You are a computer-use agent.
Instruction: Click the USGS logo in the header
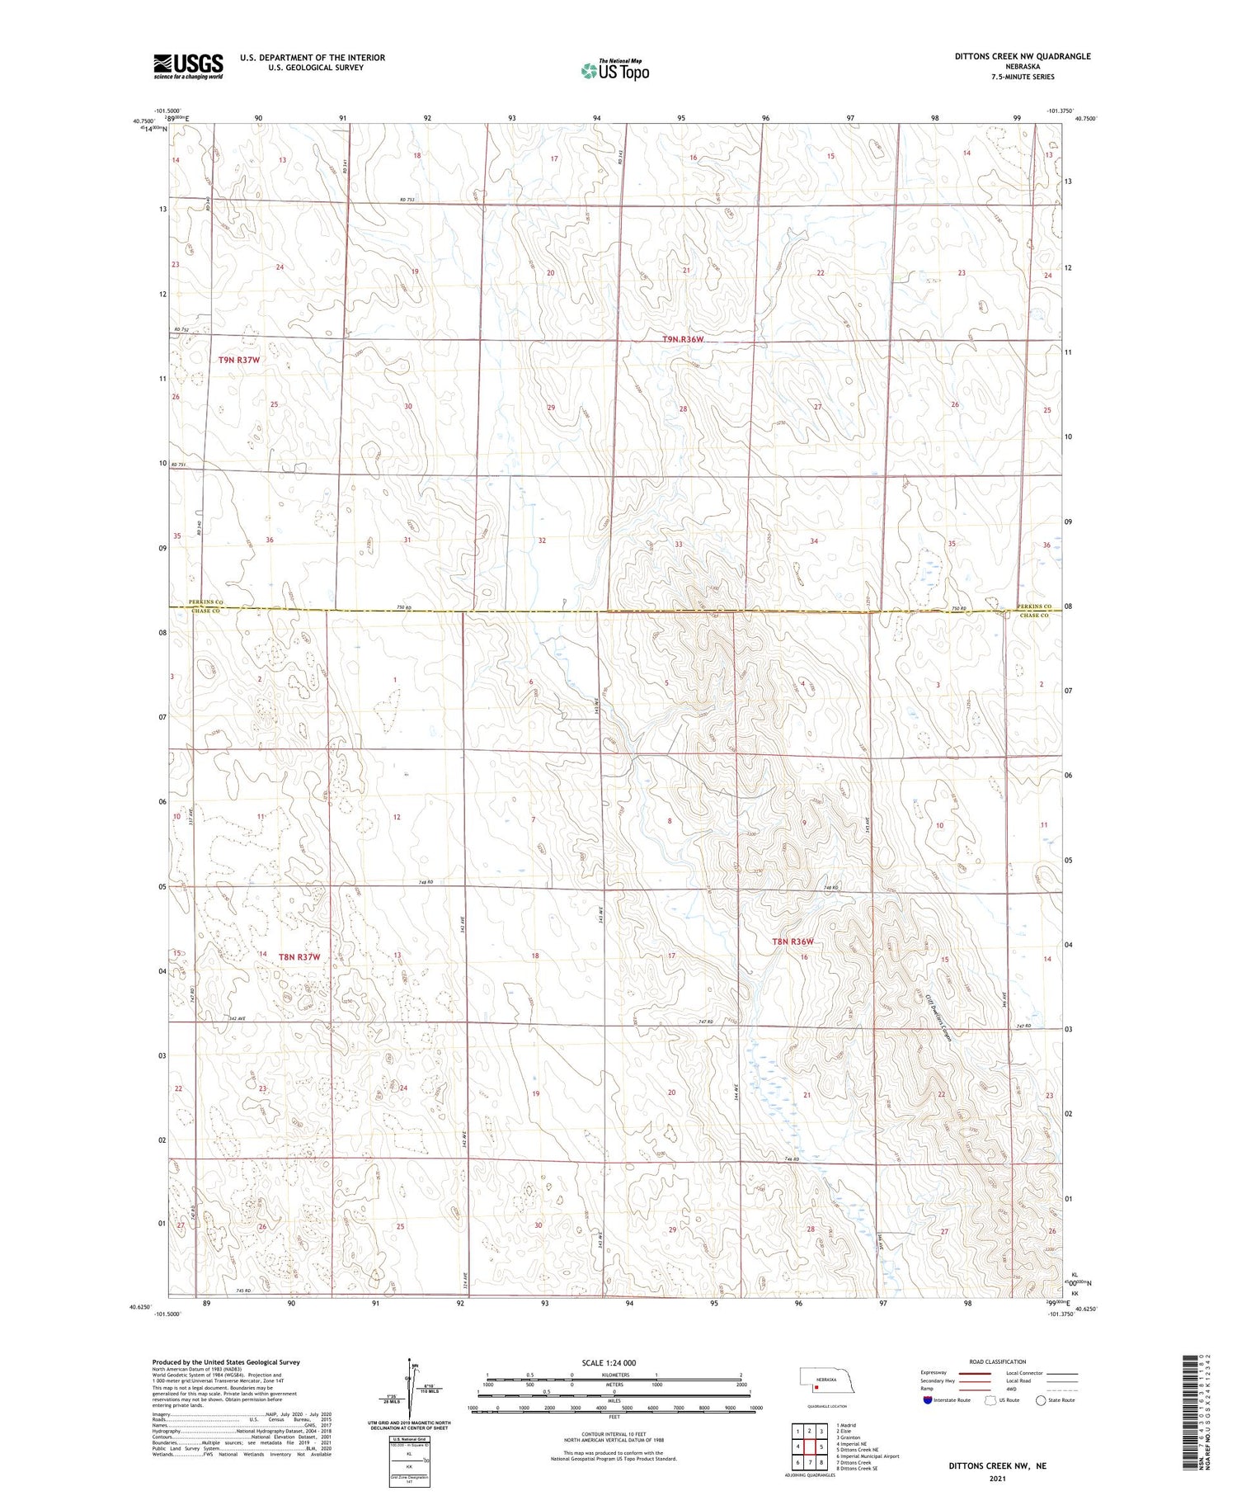[188, 66]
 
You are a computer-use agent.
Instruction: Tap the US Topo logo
[615, 70]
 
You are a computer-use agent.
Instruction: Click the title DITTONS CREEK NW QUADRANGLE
[1023, 56]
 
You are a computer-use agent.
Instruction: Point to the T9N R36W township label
[684, 339]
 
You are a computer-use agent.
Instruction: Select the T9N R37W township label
[239, 360]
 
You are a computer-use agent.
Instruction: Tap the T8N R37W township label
[299, 957]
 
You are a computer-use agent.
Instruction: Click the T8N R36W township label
[793, 941]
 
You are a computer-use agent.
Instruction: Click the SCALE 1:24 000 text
[609, 1362]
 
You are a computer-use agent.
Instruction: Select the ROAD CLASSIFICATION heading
[998, 1362]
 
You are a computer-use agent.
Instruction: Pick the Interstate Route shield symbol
[928, 1400]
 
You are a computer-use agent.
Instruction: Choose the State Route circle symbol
[1041, 1400]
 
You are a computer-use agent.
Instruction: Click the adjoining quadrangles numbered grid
[810, 1446]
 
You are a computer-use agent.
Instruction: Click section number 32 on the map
[542, 540]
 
